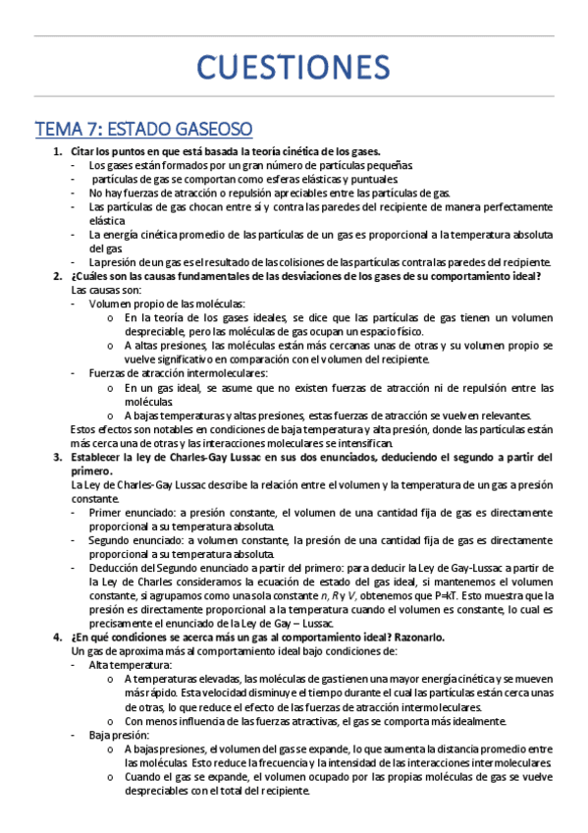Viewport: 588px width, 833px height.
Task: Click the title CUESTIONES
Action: pos(294,68)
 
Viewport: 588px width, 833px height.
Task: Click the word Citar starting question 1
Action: pos(84,152)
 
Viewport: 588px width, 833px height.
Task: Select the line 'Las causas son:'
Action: pos(106,290)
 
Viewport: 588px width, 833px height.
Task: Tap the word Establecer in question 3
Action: pos(101,458)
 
